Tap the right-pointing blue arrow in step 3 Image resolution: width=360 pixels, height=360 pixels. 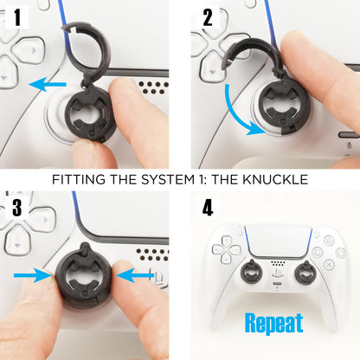[32, 274]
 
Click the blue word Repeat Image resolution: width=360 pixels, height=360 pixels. [274, 323]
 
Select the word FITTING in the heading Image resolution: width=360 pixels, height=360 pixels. [80, 180]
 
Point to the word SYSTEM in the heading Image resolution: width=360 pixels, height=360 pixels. [174, 180]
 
